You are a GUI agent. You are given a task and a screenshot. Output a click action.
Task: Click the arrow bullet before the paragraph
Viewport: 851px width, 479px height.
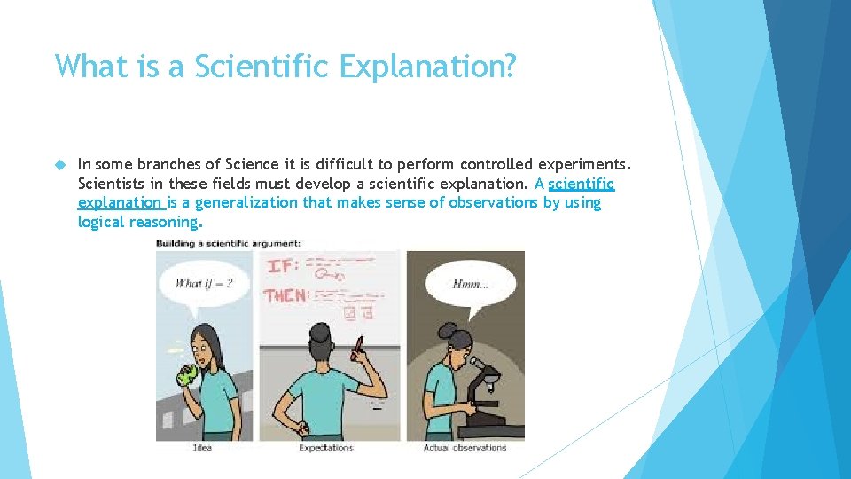point(59,165)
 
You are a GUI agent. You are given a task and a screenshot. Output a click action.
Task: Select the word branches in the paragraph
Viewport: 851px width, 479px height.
point(176,164)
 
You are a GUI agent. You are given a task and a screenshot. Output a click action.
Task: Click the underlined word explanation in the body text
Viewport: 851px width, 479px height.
point(119,202)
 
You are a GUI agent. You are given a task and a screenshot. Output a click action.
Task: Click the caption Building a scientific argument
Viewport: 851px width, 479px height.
point(229,242)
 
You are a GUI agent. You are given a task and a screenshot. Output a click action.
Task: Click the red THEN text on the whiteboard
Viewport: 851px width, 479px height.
point(286,295)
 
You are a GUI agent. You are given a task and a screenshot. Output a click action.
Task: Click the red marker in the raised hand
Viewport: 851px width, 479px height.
point(359,346)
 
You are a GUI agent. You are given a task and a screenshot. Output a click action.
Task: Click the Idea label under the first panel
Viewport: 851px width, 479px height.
point(202,447)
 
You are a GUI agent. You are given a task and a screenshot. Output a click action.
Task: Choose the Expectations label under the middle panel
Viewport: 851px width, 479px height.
point(325,447)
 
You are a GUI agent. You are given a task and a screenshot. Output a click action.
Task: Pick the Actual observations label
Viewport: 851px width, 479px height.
point(465,447)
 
